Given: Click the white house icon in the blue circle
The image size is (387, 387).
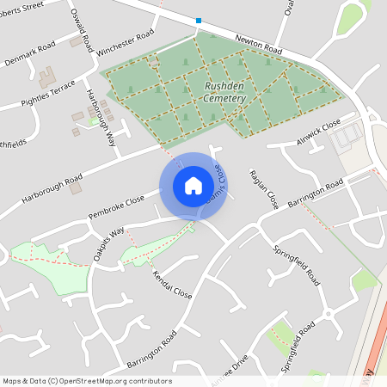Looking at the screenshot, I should point(193,186).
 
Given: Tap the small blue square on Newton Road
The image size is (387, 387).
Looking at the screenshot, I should point(199,20).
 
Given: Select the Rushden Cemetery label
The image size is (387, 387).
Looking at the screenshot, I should point(225,93).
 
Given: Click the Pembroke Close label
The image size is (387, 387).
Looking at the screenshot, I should point(116,206).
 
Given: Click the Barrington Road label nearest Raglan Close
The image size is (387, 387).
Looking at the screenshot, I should point(316,191).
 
